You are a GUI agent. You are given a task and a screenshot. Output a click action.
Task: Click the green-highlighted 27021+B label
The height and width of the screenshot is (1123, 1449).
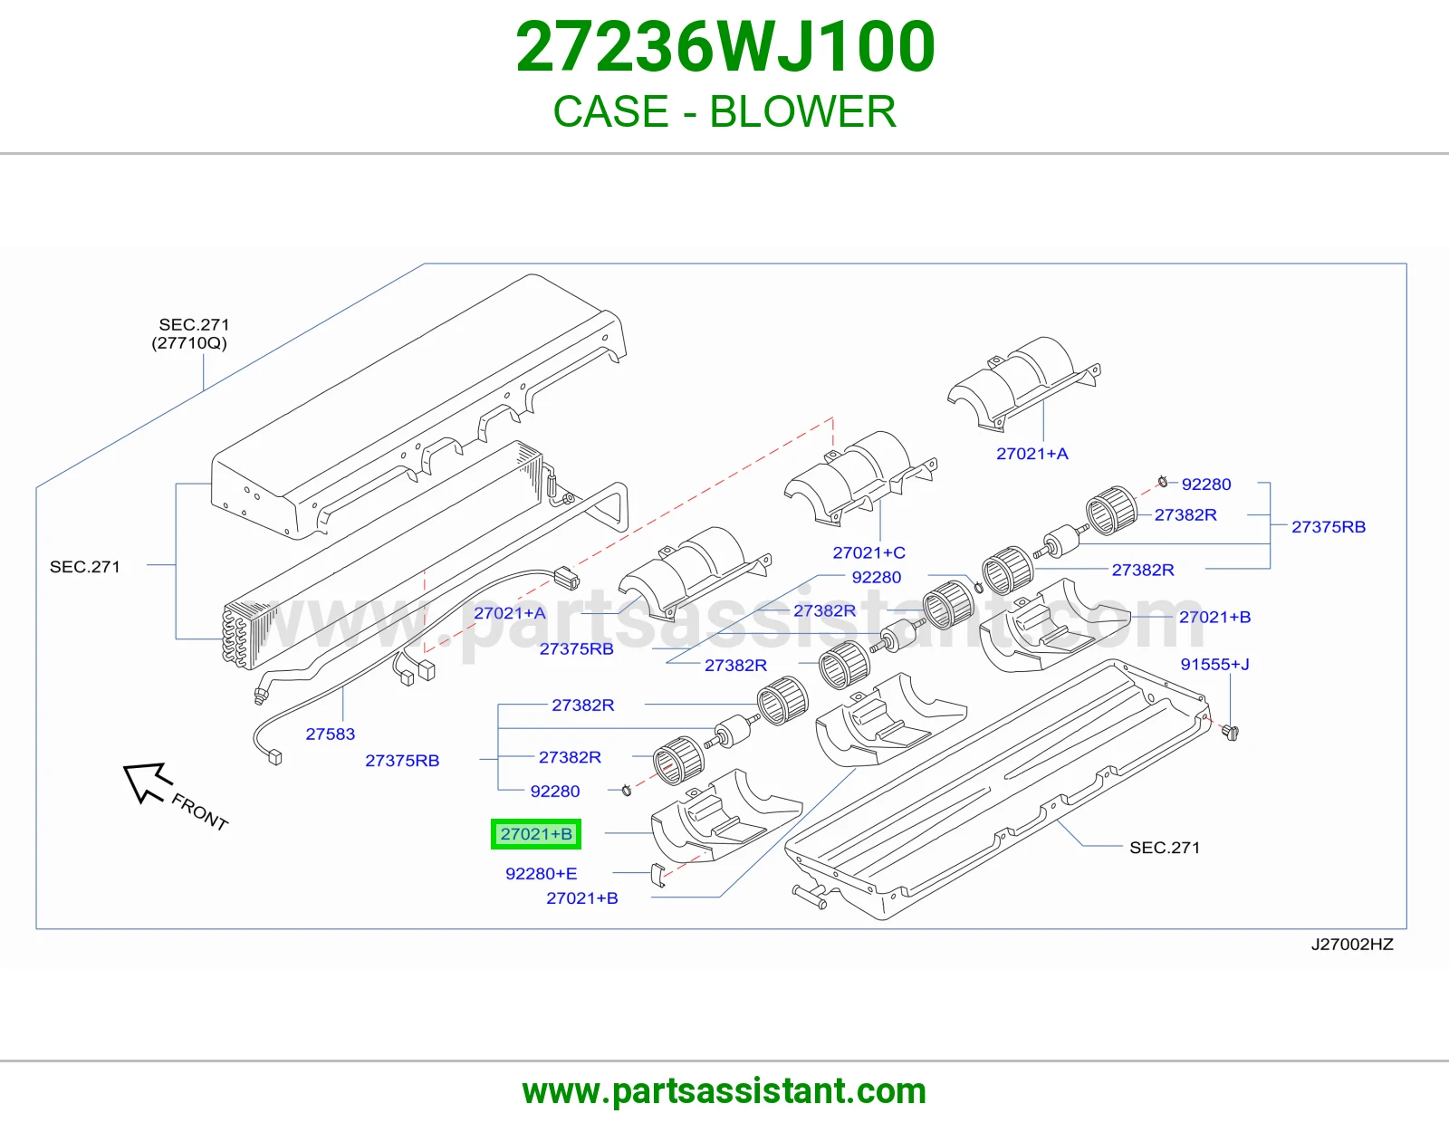tap(536, 833)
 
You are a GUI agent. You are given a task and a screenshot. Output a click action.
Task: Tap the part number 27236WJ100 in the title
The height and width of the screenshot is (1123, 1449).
tap(725, 47)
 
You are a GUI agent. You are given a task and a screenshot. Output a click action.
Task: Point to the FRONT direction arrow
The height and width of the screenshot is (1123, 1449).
tap(148, 782)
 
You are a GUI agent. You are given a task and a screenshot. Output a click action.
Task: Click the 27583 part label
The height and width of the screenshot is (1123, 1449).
tap(330, 734)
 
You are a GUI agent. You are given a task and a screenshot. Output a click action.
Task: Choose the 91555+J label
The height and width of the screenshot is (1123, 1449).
tap(1215, 664)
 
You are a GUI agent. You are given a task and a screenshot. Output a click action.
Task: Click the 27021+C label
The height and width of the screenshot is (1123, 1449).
tap(868, 552)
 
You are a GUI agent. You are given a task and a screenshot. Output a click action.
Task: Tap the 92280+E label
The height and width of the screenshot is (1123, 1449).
tap(541, 873)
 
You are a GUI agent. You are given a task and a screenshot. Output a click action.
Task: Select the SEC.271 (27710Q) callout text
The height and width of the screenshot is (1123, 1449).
tap(190, 333)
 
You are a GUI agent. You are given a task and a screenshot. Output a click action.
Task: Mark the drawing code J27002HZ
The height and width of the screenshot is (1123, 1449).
tap(1352, 944)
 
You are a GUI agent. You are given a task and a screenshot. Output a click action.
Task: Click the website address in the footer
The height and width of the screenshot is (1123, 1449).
tap(724, 1091)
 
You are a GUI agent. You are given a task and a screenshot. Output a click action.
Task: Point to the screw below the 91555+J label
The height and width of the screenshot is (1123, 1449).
tap(1231, 733)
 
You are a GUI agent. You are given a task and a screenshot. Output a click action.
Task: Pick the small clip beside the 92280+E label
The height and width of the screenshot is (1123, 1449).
tap(658, 875)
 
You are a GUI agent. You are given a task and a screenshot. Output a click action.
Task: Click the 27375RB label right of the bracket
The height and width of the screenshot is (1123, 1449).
tap(1329, 526)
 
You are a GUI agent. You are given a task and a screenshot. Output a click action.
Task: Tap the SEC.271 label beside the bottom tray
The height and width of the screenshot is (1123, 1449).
tap(1165, 847)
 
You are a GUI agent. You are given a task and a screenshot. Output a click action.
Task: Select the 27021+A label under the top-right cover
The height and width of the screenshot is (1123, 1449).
tap(1032, 454)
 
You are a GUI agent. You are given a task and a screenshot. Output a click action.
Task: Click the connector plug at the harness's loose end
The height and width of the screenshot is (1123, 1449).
tap(274, 757)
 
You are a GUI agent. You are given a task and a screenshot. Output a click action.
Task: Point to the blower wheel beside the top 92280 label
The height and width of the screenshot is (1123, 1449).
tap(1111, 510)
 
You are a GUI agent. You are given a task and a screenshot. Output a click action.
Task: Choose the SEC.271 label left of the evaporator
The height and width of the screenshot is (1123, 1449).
tap(85, 566)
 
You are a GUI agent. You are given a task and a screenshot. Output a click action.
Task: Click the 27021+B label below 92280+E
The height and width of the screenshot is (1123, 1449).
tap(582, 897)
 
